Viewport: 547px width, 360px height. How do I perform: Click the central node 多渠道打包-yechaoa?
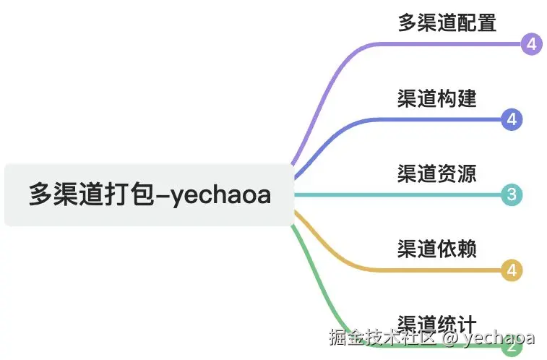[x=149, y=194]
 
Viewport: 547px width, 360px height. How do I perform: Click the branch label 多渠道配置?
[x=447, y=22]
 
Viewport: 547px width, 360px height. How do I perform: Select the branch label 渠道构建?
[x=436, y=98]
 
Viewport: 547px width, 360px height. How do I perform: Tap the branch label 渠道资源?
[x=436, y=173]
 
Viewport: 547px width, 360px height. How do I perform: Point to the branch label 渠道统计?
[x=436, y=322]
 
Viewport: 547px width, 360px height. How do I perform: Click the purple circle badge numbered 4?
[x=531, y=44]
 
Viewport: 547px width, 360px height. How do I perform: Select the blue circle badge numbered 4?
[x=512, y=119]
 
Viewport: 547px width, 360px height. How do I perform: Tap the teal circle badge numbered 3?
[x=512, y=194]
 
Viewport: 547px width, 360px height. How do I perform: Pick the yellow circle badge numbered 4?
[x=512, y=271]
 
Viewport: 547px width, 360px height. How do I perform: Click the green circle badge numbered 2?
[x=512, y=347]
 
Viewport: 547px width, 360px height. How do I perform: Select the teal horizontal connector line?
[x=397, y=194]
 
